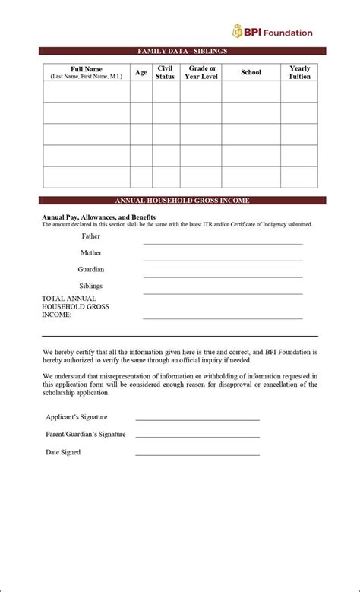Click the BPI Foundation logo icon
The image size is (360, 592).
click(x=238, y=32)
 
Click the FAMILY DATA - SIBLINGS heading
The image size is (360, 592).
click(x=182, y=51)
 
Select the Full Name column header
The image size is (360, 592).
click(x=86, y=72)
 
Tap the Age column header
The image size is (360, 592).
click(x=141, y=72)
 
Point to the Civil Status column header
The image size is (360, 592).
click(x=165, y=72)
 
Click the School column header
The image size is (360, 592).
click(x=251, y=72)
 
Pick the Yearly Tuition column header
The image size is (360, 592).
click(x=299, y=72)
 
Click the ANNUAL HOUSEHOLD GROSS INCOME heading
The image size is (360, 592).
click(x=182, y=201)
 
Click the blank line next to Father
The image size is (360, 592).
click(x=223, y=242)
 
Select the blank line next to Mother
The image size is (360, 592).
click(x=223, y=259)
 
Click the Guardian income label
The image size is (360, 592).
click(x=91, y=269)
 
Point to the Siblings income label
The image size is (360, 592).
click(x=91, y=286)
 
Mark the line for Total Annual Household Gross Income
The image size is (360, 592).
click(x=223, y=318)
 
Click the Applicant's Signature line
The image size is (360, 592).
click(x=197, y=419)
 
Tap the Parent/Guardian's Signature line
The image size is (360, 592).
click(x=197, y=436)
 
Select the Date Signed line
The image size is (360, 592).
click(x=197, y=454)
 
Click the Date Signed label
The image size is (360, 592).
click(x=63, y=452)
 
